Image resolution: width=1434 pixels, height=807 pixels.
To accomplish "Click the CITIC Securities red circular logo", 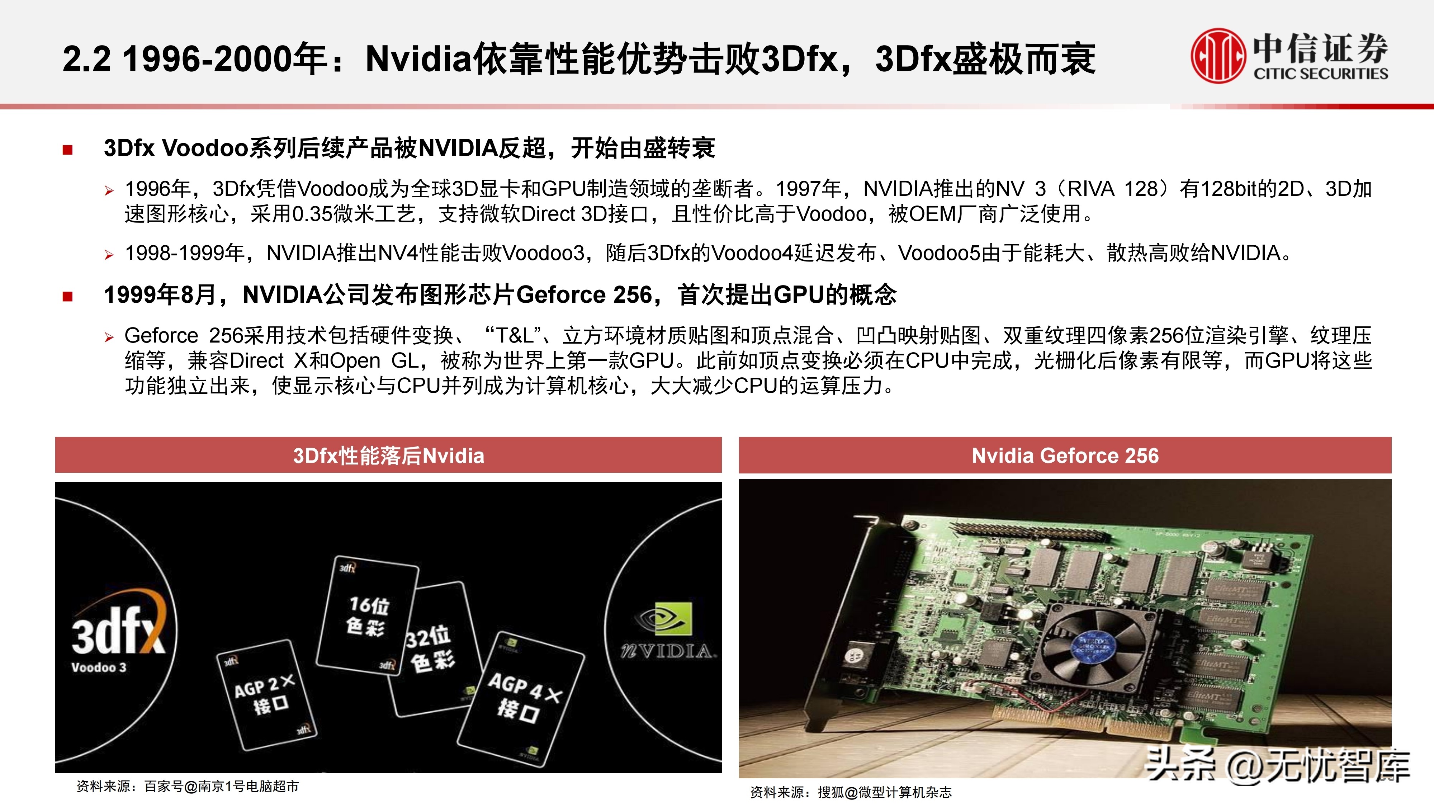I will tap(1217, 56).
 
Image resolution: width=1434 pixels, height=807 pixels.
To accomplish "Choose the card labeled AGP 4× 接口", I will tap(521, 699).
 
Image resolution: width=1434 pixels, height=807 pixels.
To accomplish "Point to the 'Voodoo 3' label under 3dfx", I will tap(99, 667).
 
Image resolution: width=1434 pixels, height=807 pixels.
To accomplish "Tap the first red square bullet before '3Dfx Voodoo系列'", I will tap(68, 149).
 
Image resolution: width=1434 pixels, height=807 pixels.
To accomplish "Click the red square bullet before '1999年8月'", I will tap(68, 296).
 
